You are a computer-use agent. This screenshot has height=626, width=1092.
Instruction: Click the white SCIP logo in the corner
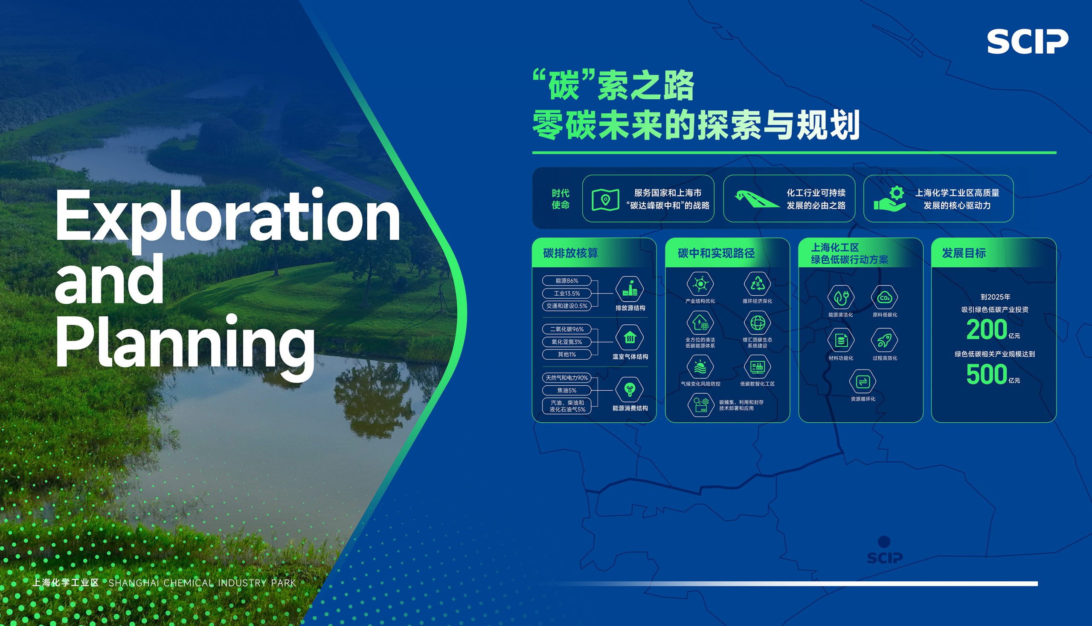pos(1028,42)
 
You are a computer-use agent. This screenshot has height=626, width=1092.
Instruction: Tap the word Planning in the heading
pos(185,344)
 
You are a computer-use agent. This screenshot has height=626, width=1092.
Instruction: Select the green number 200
pos(987,330)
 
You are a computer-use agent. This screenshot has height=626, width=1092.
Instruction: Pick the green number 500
pos(987,375)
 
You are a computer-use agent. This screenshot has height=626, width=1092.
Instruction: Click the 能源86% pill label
pos(566,281)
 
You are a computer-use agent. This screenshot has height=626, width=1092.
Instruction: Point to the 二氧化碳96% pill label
pos(566,329)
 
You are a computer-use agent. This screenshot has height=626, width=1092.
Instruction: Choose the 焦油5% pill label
pos(566,390)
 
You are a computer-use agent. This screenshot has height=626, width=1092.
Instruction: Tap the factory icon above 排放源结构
pos(630,289)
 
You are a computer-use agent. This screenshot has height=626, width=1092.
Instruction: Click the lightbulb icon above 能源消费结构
pos(630,389)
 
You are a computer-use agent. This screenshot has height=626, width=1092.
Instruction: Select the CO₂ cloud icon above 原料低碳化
pos(885,297)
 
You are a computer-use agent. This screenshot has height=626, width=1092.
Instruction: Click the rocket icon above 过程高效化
pos(885,340)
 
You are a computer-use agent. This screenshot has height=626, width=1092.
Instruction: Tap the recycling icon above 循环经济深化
pos(757,284)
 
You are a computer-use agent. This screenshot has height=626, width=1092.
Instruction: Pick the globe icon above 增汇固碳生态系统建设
pos(757,323)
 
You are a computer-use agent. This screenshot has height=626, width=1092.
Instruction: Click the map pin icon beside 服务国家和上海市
pos(605,199)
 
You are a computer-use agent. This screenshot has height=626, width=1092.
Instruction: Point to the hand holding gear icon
pos(890,198)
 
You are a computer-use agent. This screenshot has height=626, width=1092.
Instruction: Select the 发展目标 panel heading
pos(964,253)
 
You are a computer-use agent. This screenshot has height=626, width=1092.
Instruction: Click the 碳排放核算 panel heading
pos(570,253)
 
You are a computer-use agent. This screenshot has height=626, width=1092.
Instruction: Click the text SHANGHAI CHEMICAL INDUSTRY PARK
pos(202,583)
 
